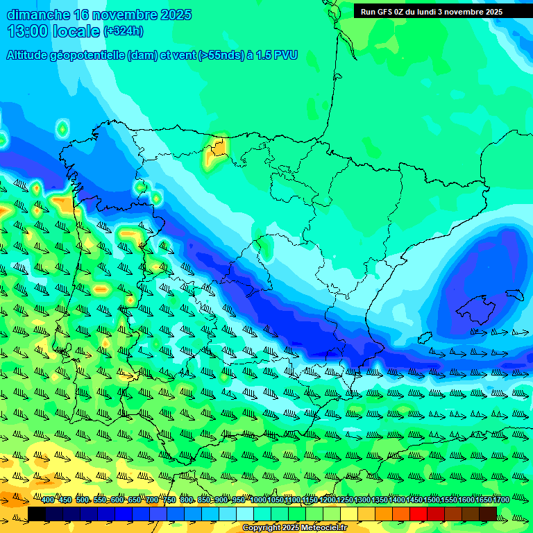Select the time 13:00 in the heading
27,31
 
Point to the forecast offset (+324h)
123,31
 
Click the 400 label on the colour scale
48,500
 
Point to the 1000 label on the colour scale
257,500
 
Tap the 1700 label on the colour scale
501,500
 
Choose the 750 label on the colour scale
169,500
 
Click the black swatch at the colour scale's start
37,513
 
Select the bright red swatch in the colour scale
418,513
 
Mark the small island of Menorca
514,294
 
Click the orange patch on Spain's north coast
219,147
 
